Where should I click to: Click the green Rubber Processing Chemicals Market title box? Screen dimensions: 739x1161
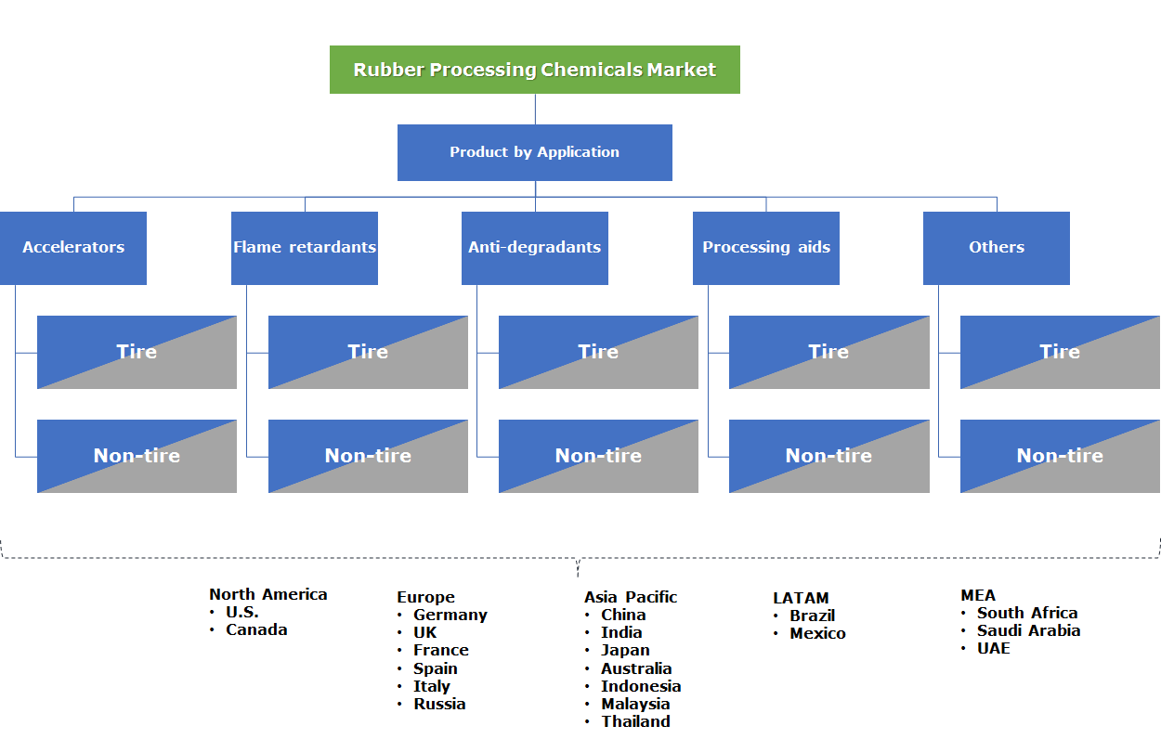[534, 70]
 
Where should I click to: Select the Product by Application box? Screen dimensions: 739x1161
[534, 152]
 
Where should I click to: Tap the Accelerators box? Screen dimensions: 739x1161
[73, 248]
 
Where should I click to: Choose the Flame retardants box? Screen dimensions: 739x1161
[304, 248]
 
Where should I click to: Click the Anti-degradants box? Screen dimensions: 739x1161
[534, 248]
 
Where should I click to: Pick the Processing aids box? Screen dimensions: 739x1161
[765, 248]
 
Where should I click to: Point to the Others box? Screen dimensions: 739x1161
[996, 248]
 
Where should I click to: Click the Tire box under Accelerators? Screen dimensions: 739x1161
[137, 352]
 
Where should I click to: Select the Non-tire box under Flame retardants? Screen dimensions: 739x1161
[368, 456]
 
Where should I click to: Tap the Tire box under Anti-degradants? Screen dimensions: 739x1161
[598, 352]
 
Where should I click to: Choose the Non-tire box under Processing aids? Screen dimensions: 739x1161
[828, 456]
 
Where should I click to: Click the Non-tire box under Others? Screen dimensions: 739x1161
[1060, 456]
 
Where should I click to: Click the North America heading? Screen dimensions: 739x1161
[267, 594]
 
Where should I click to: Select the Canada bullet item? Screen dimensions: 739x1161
[256, 629]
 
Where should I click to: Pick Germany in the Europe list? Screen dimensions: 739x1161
[450, 615]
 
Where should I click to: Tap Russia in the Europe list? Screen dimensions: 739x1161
[439, 704]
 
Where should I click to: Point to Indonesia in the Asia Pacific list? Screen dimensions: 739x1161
[641, 686]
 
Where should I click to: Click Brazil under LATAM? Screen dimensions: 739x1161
[812, 616]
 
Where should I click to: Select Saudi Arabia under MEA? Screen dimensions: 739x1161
[1028, 630]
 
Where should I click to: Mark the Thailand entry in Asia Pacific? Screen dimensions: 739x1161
[635, 721]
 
